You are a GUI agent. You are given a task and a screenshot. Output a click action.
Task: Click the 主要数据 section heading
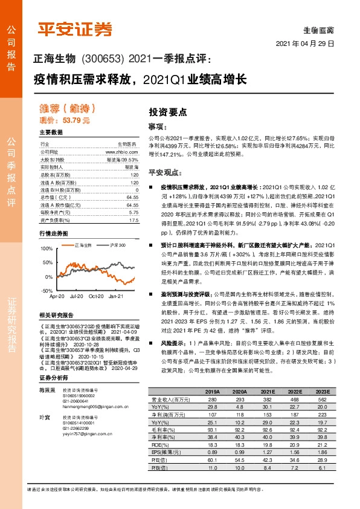click(51, 132)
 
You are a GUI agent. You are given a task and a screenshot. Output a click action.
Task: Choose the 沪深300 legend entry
click(118, 245)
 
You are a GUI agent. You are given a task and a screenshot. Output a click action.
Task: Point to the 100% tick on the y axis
click(47, 248)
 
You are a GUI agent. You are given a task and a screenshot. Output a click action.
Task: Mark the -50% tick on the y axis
click(47, 291)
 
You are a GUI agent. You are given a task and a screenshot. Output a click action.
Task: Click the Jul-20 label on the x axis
click(77, 297)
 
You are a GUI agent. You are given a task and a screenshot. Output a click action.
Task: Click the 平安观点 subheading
click(165, 171)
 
